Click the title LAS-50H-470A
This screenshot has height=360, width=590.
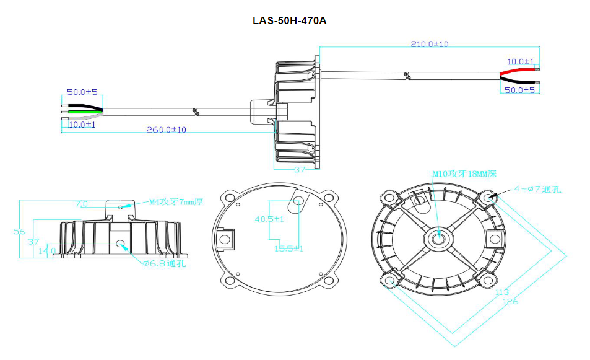[x=289, y=20]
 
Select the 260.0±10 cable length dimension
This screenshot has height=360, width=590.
[x=165, y=130]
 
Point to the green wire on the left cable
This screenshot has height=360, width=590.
[x=84, y=112]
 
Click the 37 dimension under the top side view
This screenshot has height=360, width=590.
[x=300, y=169]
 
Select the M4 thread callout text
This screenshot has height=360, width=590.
[x=176, y=202]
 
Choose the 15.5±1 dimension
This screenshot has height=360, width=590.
[x=290, y=248]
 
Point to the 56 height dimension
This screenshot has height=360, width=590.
[x=19, y=232]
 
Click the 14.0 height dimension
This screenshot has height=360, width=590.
[x=47, y=251]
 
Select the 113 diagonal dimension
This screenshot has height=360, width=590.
[x=501, y=292]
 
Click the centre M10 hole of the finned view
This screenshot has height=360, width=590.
[x=439, y=237]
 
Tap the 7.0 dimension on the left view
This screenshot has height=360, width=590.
[x=81, y=203]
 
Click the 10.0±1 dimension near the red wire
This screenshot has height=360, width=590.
[x=520, y=61]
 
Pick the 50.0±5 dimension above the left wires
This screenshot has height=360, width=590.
[x=83, y=92]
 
